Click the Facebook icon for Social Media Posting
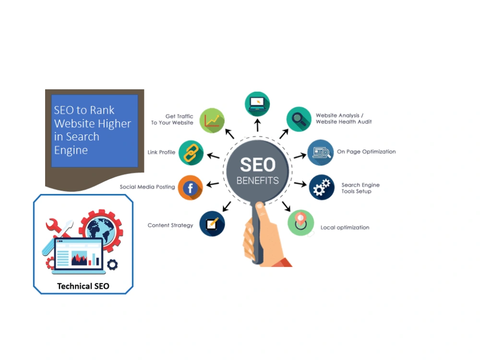tap(190, 188)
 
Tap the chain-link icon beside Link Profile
tap(191, 153)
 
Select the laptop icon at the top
tap(257, 104)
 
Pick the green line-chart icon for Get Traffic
tap(212, 120)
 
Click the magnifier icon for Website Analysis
tap(299, 119)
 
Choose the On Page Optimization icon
tap(321, 153)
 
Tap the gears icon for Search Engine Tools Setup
tap(322, 187)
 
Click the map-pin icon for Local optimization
tap(301, 223)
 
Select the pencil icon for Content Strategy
tap(212, 224)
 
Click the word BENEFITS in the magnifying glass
tap(257, 180)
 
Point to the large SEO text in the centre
tap(258, 165)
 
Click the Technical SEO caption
tap(83, 286)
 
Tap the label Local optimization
tap(345, 228)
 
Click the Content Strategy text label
tap(170, 225)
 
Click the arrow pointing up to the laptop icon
tap(257, 125)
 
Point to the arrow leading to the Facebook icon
tap(213, 184)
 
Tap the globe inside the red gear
tap(100, 229)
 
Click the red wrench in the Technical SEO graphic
tap(55, 226)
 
